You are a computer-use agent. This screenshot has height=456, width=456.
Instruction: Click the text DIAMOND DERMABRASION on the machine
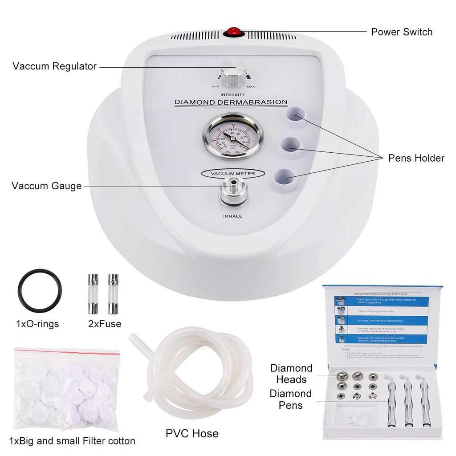coord(231,102)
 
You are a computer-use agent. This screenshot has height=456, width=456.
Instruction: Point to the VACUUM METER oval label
coord(233,173)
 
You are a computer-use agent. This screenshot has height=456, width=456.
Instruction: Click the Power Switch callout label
coord(401,32)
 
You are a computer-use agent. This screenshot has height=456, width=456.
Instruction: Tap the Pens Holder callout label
coord(416,158)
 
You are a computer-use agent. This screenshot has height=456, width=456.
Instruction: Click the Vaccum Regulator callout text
coord(54,66)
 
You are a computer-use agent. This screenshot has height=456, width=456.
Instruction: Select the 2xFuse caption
coord(105,324)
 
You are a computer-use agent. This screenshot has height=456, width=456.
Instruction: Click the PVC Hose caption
coord(192,433)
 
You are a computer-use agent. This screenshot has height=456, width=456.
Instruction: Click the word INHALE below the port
coord(232,216)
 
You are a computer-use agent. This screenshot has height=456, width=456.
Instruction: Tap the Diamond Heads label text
coord(291,374)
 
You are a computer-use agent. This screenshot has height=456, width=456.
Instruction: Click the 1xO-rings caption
coord(37,324)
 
